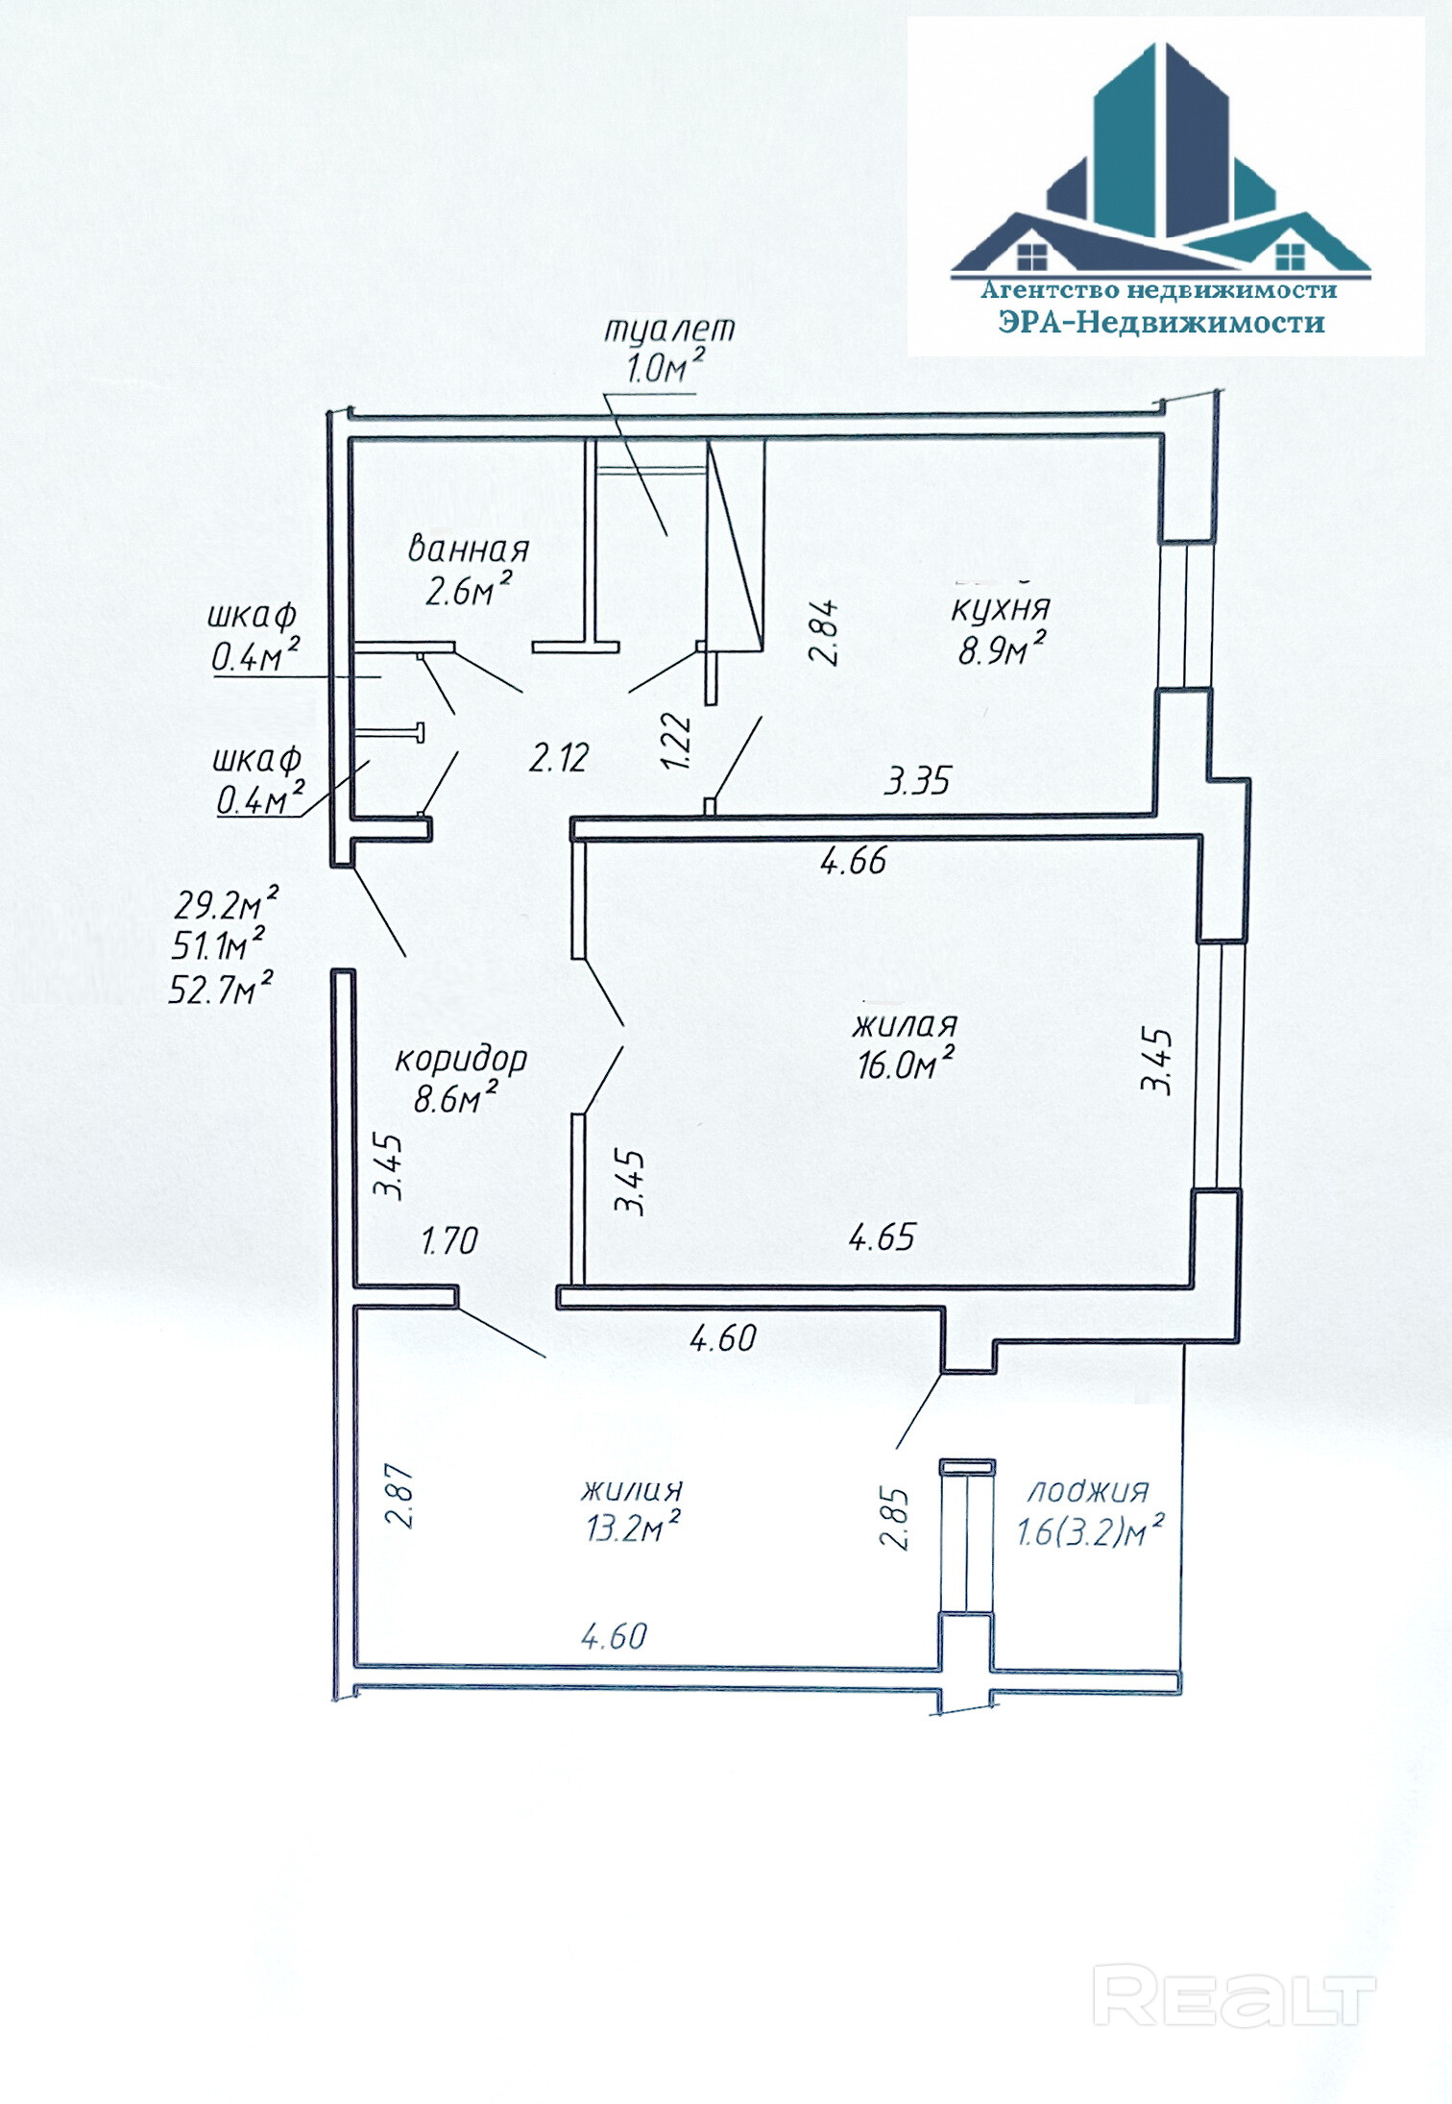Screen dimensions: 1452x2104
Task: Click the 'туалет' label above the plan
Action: click(x=668, y=330)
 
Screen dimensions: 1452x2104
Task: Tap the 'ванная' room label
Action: click(x=469, y=549)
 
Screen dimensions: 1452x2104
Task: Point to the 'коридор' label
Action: click(x=461, y=1059)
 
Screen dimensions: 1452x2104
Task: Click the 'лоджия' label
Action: click(x=1088, y=1491)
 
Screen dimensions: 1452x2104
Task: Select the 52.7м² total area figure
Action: click(x=221, y=988)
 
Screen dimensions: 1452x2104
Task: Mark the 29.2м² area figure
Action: click(x=227, y=904)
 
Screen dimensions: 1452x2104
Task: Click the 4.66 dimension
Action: click(x=854, y=861)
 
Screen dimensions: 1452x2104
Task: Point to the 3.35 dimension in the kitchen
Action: click(x=918, y=781)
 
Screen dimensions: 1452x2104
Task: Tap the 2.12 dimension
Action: click(x=559, y=758)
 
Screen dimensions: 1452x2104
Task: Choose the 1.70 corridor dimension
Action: click(x=449, y=1241)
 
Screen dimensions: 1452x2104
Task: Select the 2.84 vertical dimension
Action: click(x=825, y=632)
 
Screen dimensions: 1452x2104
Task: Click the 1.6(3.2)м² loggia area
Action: click(x=1090, y=1530)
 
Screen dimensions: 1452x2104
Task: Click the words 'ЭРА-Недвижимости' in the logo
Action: click(x=1161, y=322)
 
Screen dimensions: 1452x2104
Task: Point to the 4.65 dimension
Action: click(x=882, y=1237)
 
